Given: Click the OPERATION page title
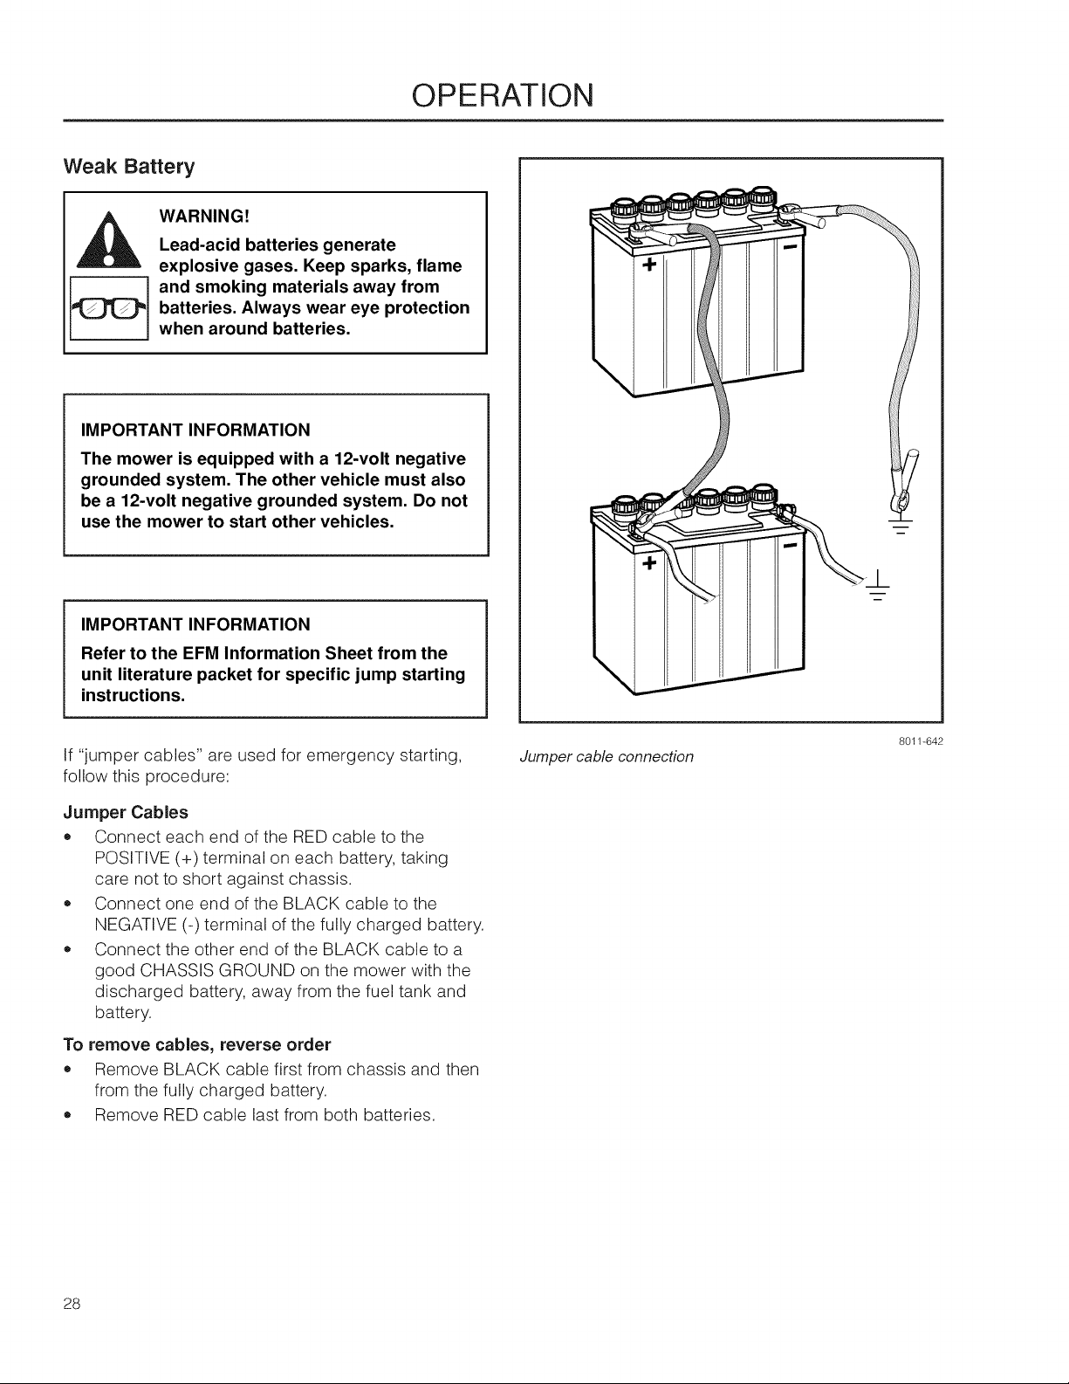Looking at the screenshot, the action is tap(502, 95).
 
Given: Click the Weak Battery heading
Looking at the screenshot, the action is tap(128, 166).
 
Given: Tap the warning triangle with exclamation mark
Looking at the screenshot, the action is tap(109, 239).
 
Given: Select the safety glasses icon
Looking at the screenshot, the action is tap(109, 309).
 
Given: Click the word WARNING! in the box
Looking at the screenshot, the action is tap(204, 216).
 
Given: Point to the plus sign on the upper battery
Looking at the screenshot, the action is tap(649, 265).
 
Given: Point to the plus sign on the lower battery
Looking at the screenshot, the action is tap(649, 563).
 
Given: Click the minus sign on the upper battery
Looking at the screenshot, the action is tap(791, 246).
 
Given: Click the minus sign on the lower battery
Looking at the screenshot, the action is tap(791, 547).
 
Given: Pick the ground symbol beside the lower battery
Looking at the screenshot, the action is tap(878, 586).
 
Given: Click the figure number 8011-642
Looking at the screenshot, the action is tap(921, 741).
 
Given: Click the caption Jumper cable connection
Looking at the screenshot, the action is tap(606, 757).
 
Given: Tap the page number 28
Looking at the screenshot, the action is tap(72, 1304).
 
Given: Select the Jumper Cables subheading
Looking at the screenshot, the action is tap(126, 813).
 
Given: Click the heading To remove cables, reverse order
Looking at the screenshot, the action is tap(197, 1044).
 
